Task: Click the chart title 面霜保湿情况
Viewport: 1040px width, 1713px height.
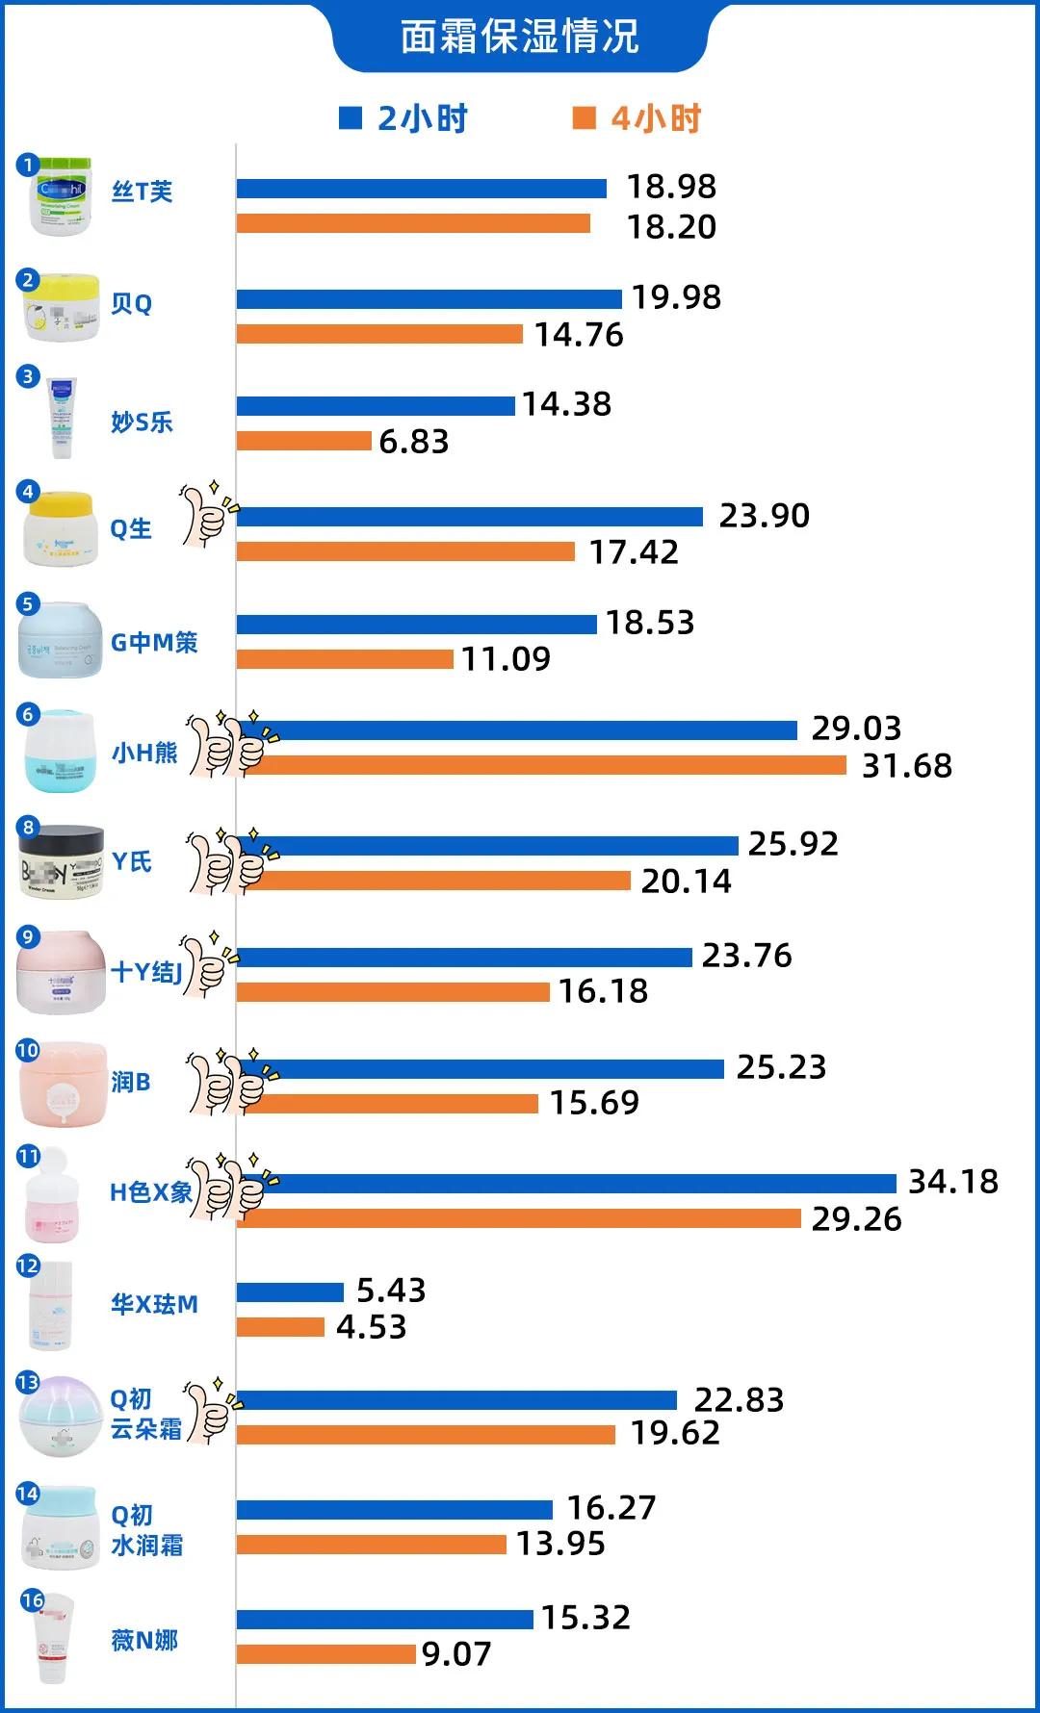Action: click(x=519, y=38)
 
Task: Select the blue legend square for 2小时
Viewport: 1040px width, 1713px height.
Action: click(x=351, y=118)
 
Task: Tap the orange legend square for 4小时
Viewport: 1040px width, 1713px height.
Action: click(x=584, y=118)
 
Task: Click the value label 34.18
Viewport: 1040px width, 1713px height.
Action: click(x=952, y=1181)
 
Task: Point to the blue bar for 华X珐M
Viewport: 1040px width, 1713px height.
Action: click(x=290, y=1291)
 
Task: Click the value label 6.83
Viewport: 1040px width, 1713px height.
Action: click(x=414, y=441)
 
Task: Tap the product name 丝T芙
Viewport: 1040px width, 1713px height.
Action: click(x=142, y=192)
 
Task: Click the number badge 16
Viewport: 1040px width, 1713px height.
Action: click(x=33, y=1599)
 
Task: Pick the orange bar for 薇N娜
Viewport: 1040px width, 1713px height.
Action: click(x=326, y=1654)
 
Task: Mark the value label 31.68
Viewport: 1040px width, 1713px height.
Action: click(x=906, y=766)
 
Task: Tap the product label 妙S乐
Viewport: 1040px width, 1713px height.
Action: click(x=142, y=422)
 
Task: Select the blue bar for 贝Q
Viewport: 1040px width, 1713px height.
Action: click(x=429, y=299)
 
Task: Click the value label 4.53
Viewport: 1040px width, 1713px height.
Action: click(x=372, y=1327)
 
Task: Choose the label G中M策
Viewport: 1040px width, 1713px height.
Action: click(x=154, y=642)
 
